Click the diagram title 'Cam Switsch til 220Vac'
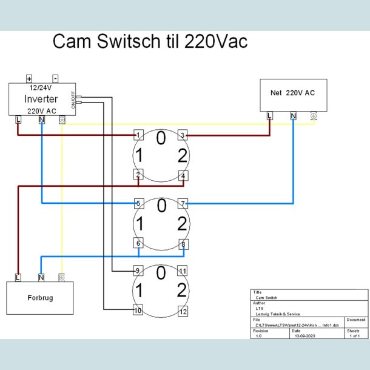tap(150, 42)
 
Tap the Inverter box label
tap(41, 99)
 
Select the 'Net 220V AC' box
tap(293, 94)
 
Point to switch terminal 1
tap(138, 135)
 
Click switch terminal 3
tap(183, 135)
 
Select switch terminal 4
tap(183, 177)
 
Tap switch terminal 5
tap(138, 203)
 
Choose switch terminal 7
tap(183, 203)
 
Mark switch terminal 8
tap(183, 244)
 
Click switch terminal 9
tap(138, 271)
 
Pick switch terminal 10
tap(138, 311)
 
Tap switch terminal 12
tap(183, 311)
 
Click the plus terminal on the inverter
tap(29, 79)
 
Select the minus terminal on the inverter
tap(55, 79)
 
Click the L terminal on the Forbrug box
tap(18, 278)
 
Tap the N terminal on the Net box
tap(293, 116)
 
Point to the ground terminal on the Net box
tap(313, 116)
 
